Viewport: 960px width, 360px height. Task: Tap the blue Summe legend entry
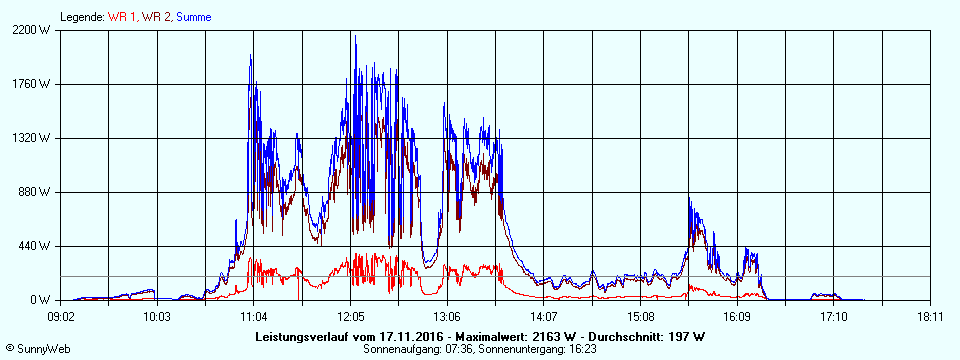(x=193, y=17)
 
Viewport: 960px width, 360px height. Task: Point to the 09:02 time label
(x=61, y=317)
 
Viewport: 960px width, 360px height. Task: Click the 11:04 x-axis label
(x=254, y=317)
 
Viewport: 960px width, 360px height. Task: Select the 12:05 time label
(x=351, y=317)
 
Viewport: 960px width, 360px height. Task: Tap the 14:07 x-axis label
(x=544, y=317)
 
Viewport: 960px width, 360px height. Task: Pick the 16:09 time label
(x=737, y=317)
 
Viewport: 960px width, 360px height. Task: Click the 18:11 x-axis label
(x=930, y=317)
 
